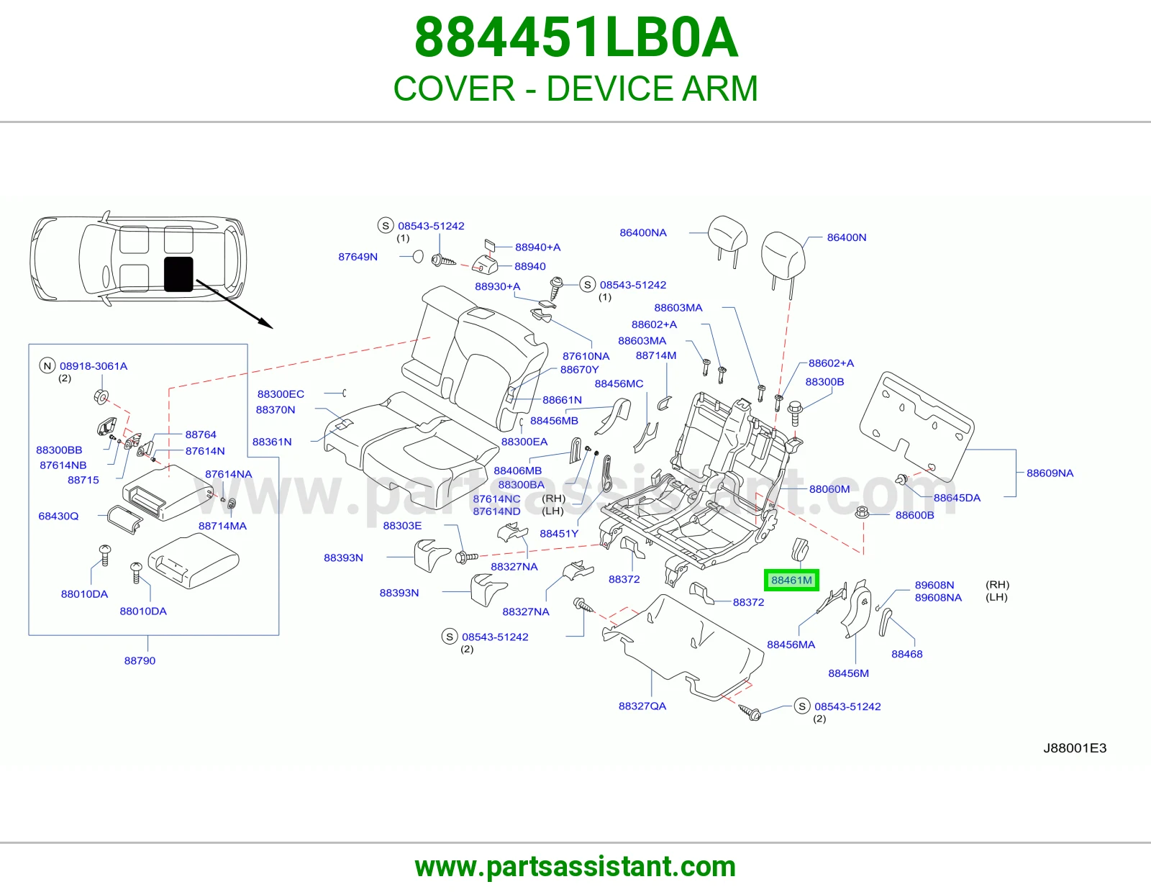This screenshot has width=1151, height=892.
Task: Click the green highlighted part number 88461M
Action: (x=791, y=580)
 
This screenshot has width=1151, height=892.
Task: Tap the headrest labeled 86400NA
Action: (x=727, y=235)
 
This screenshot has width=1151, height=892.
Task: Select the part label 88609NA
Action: (x=1050, y=473)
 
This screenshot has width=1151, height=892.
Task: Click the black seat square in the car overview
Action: (x=178, y=274)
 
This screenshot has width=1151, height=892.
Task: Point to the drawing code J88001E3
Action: (x=1075, y=748)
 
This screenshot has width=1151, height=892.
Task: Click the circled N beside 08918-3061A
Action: (x=47, y=365)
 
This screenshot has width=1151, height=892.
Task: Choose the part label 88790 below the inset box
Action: (x=140, y=660)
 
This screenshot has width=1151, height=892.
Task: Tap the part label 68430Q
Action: (x=58, y=516)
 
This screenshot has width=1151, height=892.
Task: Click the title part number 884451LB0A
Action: (x=575, y=37)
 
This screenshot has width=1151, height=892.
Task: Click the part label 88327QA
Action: (x=642, y=706)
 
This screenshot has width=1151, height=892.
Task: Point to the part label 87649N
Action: (x=358, y=257)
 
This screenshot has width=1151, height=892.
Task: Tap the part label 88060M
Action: (x=829, y=489)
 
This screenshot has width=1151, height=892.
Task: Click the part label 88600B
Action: (x=915, y=515)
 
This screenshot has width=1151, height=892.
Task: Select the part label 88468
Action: (x=907, y=654)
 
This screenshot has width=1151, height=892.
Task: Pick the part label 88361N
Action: (x=272, y=442)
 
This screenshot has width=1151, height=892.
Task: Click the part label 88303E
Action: (x=403, y=525)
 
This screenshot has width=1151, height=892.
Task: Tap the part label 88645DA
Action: (x=957, y=497)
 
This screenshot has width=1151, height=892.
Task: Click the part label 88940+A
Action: (x=537, y=247)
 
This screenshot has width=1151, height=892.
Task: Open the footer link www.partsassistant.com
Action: (x=575, y=866)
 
